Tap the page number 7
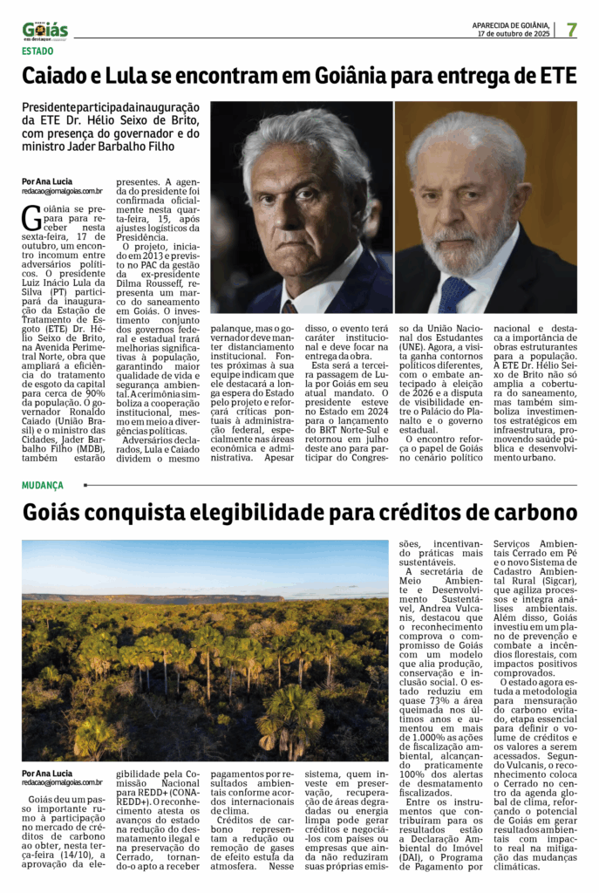[572, 29]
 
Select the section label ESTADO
[37, 51]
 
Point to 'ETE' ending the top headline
[556, 77]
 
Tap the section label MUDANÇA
[43, 485]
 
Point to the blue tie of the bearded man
[455, 293]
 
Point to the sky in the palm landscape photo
[201, 562]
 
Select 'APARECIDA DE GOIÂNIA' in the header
[510, 25]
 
